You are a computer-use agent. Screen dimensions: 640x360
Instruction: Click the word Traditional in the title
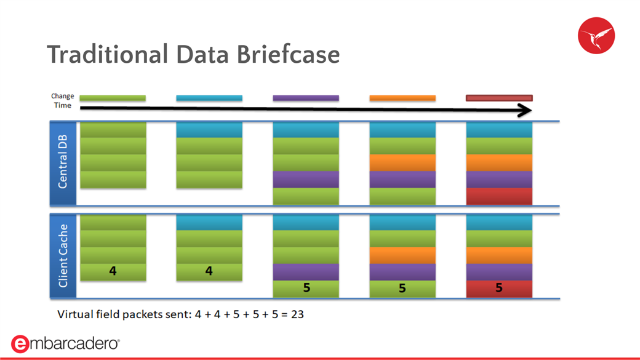[x=108, y=54]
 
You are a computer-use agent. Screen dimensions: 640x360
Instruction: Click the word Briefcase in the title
[x=288, y=54]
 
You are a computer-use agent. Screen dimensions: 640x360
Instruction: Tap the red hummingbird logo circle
[x=596, y=36]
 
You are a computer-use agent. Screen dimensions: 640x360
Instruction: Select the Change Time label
[x=62, y=100]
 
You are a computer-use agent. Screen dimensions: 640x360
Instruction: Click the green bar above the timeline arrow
[x=113, y=98]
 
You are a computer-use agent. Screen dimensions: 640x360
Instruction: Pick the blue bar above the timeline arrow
[x=209, y=98]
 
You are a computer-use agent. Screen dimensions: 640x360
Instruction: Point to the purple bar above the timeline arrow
[x=306, y=98]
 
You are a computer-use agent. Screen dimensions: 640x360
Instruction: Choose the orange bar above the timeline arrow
[x=402, y=98]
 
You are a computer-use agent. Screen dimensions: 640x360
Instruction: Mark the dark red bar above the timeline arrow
[x=499, y=98]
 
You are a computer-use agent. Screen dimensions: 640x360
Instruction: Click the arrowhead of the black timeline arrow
[x=526, y=110]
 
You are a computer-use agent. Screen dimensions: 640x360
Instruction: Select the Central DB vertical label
[x=62, y=162]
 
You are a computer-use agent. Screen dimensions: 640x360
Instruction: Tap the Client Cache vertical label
[x=62, y=256]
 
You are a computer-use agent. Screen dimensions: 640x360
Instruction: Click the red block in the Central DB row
[x=499, y=196]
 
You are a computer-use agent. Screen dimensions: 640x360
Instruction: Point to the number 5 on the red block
[x=499, y=288]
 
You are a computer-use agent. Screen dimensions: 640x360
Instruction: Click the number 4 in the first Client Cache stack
[x=113, y=271]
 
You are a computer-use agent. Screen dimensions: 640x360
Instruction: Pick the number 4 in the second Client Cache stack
[x=209, y=271]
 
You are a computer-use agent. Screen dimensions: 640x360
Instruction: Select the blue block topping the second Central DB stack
[x=209, y=130]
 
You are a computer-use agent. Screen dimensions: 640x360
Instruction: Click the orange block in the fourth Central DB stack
[x=402, y=162]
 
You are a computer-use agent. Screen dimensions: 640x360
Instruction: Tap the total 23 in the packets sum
[x=298, y=314]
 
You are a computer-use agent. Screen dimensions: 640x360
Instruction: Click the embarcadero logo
[x=65, y=343]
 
